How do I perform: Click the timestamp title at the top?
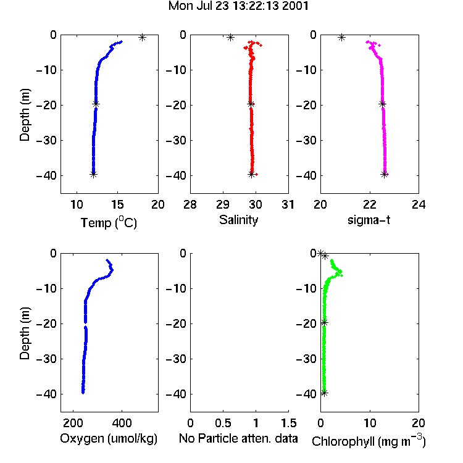pyautogui.click(x=238, y=6)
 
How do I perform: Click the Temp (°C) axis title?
pyautogui.click(x=109, y=223)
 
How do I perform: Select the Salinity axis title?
pyautogui.click(x=238, y=220)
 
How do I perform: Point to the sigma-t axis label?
pyautogui.click(x=369, y=220)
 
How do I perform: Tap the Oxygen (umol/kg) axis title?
pyautogui.click(x=109, y=439)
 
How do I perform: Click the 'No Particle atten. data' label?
pyautogui.click(x=238, y=438)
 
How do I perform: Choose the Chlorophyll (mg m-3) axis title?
pyautogui.click(x=369, y=441)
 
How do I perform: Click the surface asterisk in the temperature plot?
pyautogui.click(x=143, y=38)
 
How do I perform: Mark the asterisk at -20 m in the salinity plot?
pyautogui.click(x=251, y=104)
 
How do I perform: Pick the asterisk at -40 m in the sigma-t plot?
pyautogui.click(x=384, y=175)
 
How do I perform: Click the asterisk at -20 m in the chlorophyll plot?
pyautogui.click(x=324, y=323)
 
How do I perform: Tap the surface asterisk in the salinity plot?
pyautogui.click(x=230, y=38)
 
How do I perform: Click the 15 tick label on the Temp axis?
pyautogui.click(x=117, y=204)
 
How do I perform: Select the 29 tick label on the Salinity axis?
pyautogui.click(x=223, y=204)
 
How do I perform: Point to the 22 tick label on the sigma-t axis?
pyautogui.click(x=370, y=204)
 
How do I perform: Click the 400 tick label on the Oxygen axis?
pyautogui.click(x=122, y=423)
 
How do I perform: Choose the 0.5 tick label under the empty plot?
pyautogui.click(x=223, y=423)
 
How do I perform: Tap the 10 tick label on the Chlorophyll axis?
pyautogui.click(x=370, y=423)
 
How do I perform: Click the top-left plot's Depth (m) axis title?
pyautogui.click(x=25, y=115)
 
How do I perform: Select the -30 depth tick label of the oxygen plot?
pyautogui.click(x=46, y=359)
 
